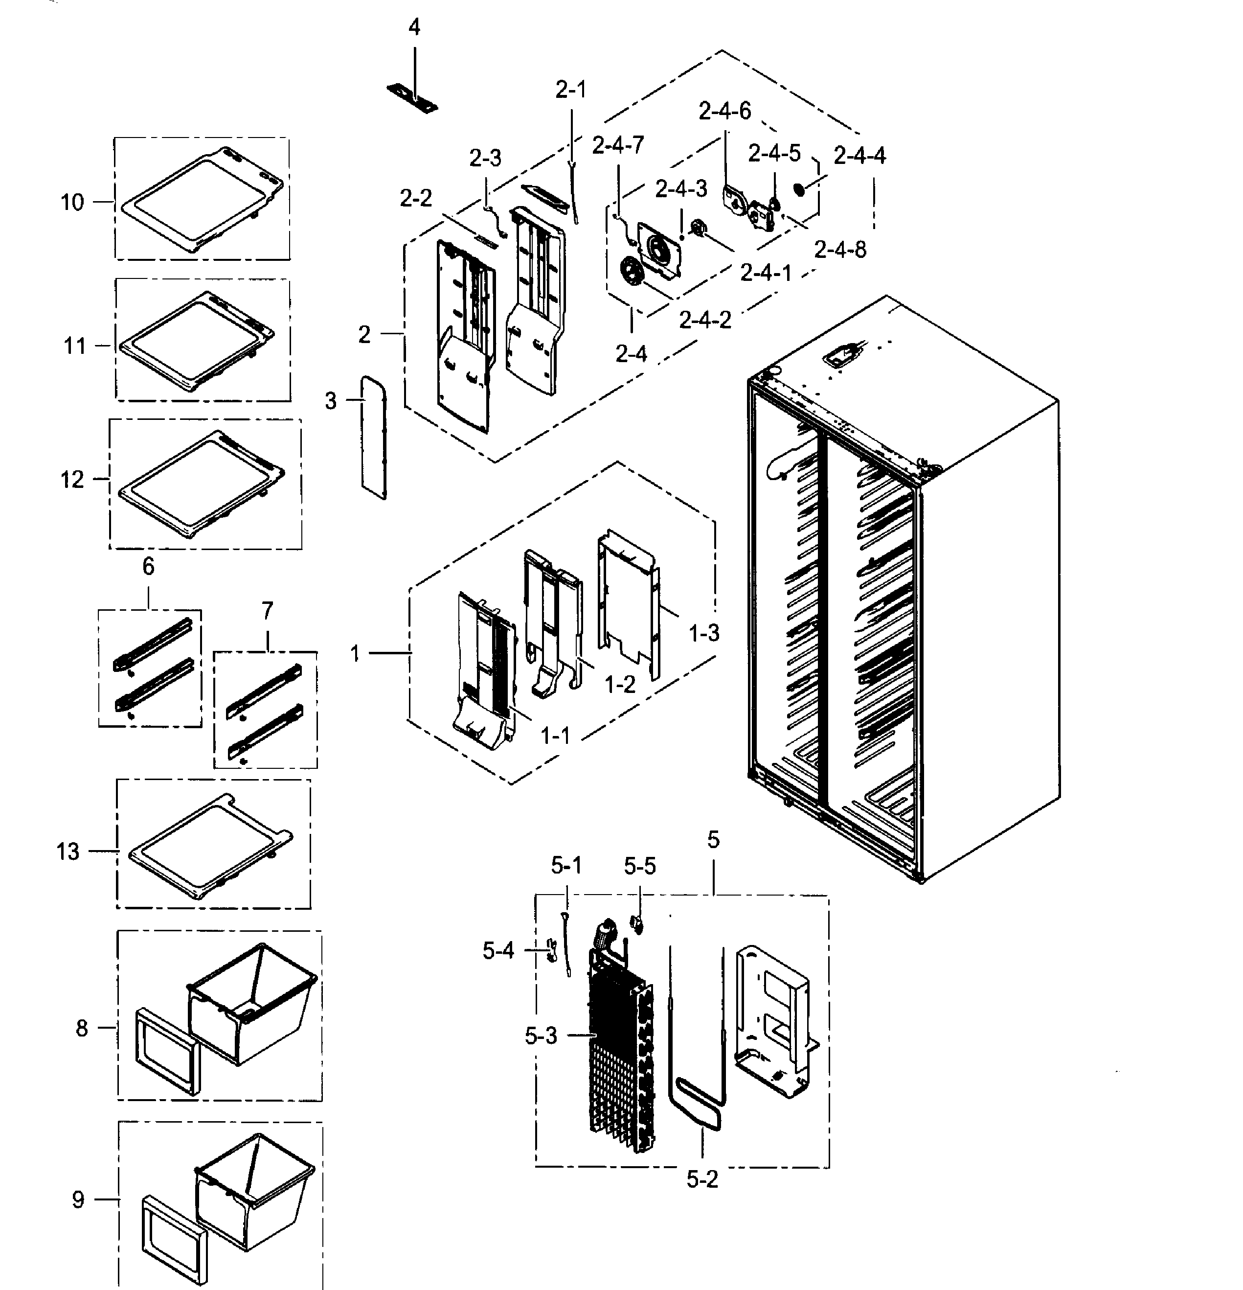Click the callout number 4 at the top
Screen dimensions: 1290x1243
click(x=414, y=27)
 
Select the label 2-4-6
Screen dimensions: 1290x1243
click(x=724, y=111)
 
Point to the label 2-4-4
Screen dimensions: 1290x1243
click(x=859, y=156)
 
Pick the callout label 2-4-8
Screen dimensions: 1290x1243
click(x=839, y=250)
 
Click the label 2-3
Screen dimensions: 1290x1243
click(x=485, y=158)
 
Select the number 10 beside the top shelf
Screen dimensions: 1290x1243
click(x=72, y=202)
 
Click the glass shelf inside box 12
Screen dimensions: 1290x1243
click(x=201, y=484)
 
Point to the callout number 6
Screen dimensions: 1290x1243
click(x=148, y=567)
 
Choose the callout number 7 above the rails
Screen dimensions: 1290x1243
click(x=267, y=611)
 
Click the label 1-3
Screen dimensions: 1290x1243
click(x=703, y=633)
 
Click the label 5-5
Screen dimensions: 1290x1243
click(x=639, y=866)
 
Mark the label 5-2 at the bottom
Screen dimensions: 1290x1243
click(x=702, y=1180)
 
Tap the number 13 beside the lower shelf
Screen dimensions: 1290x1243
click(x=68, y=852)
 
